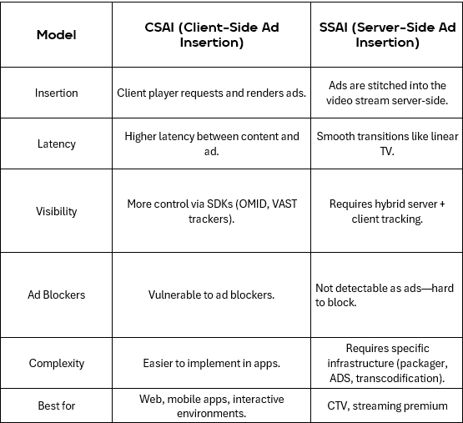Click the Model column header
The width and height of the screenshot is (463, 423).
click(x=57, y=35)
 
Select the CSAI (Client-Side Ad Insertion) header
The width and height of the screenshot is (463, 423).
click(x=211, y=35)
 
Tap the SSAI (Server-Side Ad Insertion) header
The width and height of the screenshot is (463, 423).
click(x=387, y=35)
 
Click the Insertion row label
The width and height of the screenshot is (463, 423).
click(x=57, y=93)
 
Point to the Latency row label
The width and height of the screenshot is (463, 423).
click(x=57, y=144)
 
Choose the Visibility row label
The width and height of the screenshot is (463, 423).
click(x=57, y=212)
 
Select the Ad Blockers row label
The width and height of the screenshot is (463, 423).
click(x=57, y=295)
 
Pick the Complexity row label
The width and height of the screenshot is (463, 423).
click(x=57, y=363)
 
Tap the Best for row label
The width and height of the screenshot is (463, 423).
click(x=57, y=405)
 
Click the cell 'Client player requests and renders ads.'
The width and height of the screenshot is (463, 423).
click(x=211, y=93)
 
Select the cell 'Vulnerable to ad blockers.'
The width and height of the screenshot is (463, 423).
click(x=211, y=295)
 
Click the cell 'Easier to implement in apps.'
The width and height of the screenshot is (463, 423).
click(x=211, y=363)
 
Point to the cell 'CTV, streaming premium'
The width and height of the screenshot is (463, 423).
click(x=387, y=405)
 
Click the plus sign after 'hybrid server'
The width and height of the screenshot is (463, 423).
click(x=442, y=204)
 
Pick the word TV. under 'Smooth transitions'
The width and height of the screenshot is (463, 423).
click(x=387, y=151)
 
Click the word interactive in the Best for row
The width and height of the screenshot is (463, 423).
click(x=259, y=399)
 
